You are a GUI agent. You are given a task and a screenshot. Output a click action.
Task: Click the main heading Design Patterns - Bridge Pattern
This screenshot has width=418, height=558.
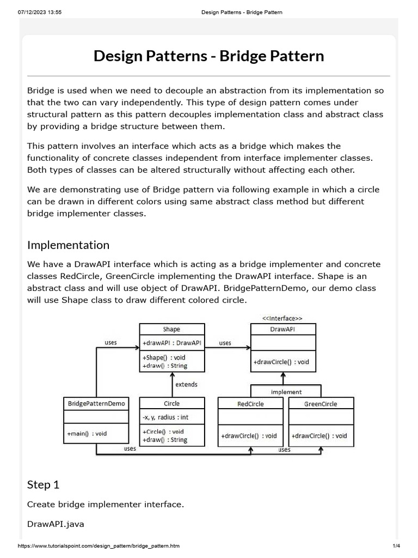click(208, 56)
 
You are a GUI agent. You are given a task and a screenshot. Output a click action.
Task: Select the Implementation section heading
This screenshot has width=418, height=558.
click(68, 245)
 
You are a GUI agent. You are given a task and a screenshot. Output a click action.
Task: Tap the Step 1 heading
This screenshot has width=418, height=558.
click(43, 484)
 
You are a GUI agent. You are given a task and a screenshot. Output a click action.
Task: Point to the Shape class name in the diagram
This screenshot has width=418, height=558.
click(171, 329)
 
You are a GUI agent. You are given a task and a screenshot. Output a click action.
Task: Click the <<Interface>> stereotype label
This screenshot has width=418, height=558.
click(282, 318)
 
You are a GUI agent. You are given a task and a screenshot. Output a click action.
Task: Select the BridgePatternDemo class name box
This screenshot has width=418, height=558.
click(96, 404)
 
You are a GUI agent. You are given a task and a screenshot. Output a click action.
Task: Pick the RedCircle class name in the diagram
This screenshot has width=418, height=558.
click(250, 404)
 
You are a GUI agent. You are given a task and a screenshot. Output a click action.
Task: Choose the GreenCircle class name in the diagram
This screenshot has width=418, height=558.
click(321, 404)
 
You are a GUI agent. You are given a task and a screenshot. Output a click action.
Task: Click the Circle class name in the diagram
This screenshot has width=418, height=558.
click(171, 404)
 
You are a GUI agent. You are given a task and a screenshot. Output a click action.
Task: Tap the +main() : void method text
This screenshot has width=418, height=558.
click(87, 434)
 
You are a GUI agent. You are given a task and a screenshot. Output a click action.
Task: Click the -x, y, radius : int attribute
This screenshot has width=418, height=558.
click(165, 418)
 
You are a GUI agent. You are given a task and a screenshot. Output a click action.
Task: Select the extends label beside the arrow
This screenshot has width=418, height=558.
click(186, 384)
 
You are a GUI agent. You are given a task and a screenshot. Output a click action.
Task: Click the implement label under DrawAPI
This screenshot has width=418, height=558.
click(286, 392)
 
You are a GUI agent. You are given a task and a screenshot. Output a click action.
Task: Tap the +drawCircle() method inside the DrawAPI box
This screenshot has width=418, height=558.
click(281, 362)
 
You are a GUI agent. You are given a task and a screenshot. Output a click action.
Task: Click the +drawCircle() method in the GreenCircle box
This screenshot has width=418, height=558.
click(319, 436)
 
